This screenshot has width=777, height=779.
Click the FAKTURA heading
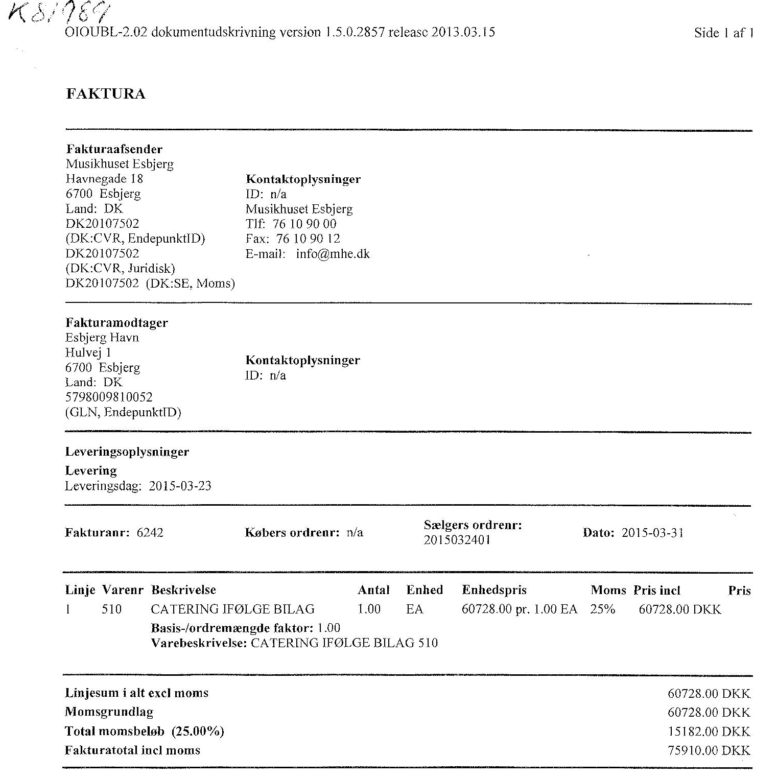(106, 94)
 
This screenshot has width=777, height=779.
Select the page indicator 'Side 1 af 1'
(723, 33)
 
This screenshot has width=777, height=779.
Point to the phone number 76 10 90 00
(304, 224)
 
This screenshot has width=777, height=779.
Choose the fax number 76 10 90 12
(308, 239)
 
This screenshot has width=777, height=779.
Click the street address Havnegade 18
(104, 179)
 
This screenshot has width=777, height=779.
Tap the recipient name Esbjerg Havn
(102, 338)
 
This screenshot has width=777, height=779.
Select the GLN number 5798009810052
(109, 397)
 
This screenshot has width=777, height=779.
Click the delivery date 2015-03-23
(180, 485)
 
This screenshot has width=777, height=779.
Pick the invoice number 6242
(150, 533)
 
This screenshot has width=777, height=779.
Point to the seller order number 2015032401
(457, 540)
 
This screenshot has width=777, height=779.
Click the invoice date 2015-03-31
(652, 533)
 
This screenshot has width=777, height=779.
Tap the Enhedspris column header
(494, 590)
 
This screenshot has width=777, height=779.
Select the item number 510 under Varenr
(111, 609)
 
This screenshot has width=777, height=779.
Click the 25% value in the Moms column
(603, 609)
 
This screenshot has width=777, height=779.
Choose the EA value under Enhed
(414, 609)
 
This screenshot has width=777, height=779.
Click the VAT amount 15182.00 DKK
(709, 731)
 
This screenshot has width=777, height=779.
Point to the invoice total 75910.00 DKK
(709, 750)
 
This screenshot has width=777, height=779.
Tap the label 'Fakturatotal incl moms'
(132, 750)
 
